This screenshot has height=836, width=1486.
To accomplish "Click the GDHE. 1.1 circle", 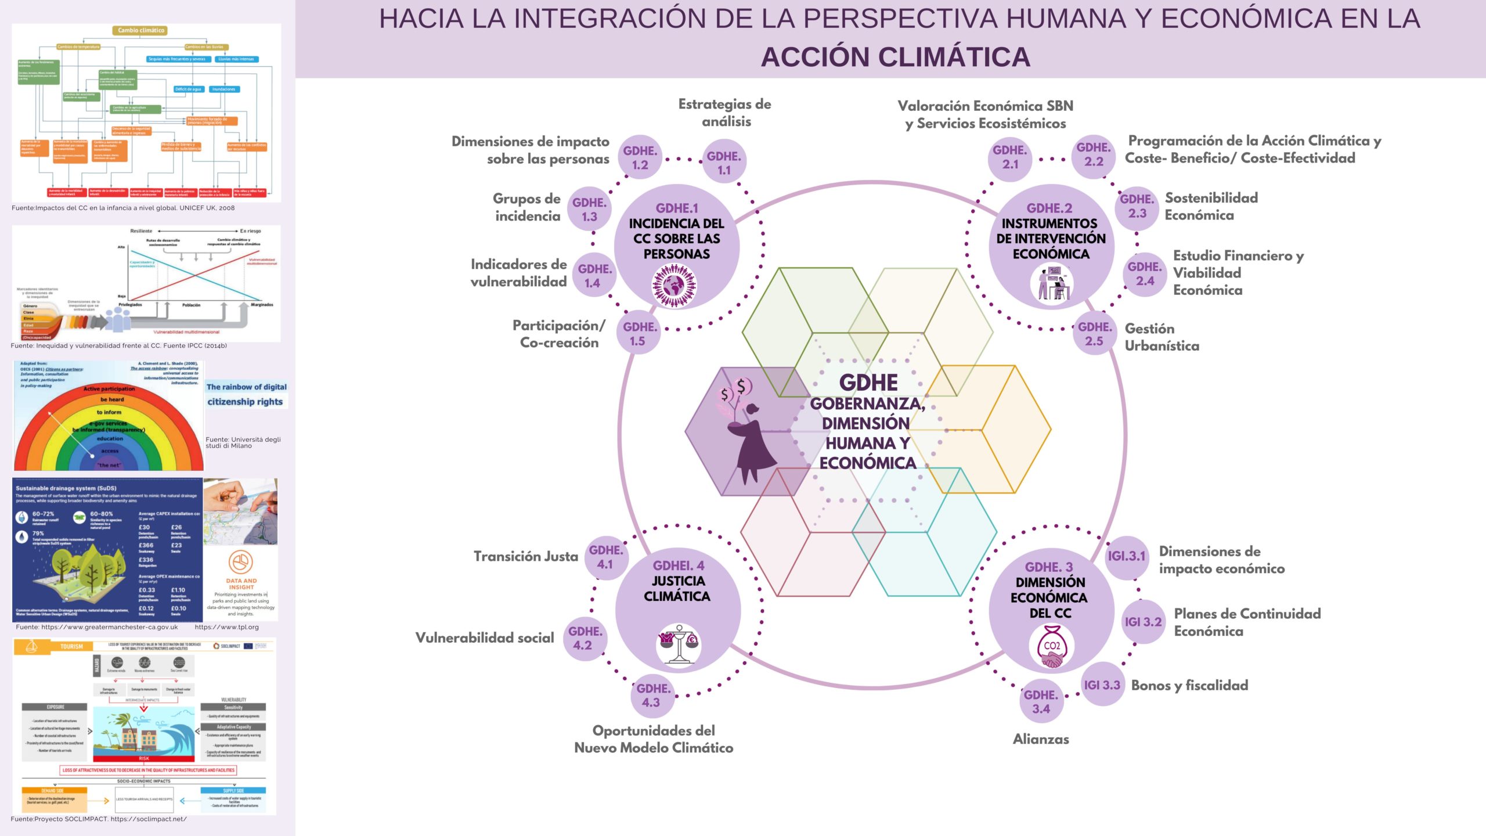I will [724, 163].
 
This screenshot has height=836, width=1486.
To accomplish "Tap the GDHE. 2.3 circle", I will [1137, 206].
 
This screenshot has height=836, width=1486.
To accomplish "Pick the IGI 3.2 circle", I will [1143, 622].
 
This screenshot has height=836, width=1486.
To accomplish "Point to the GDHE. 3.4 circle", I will [1041, 701].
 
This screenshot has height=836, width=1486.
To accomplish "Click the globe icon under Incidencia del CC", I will [675, 285].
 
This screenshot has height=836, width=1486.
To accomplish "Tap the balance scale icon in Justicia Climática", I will [678, 643].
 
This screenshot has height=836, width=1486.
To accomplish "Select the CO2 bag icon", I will [1051, 647].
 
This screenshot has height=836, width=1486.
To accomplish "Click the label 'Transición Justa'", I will [526, 556].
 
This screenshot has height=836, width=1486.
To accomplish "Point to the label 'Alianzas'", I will [1041, 739].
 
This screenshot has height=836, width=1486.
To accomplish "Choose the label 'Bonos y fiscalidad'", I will [1189, 685].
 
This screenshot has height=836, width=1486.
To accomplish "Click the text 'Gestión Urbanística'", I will [1162, 337].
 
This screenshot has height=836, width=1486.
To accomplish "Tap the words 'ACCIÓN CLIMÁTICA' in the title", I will [895, 57].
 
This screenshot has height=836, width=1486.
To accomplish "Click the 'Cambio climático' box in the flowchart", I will [141, 30].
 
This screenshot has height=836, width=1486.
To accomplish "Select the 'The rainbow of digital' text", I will [246, 387].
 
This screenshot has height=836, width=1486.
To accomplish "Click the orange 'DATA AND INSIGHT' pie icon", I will [240, 562].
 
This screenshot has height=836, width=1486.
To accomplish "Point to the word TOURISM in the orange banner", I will [71, 646].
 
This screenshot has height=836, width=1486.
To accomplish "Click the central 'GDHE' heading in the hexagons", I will [868, 383].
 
